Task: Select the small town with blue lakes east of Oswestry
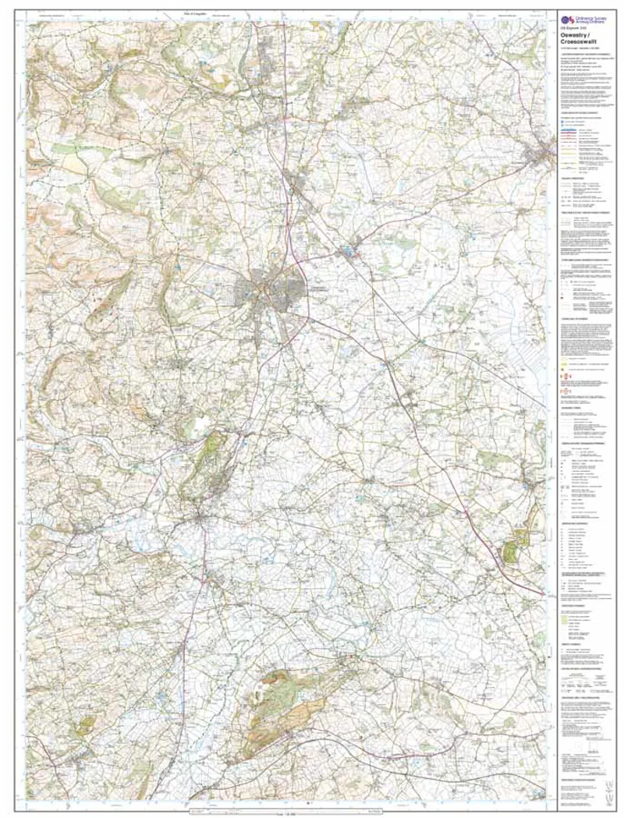click(346, 252)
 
